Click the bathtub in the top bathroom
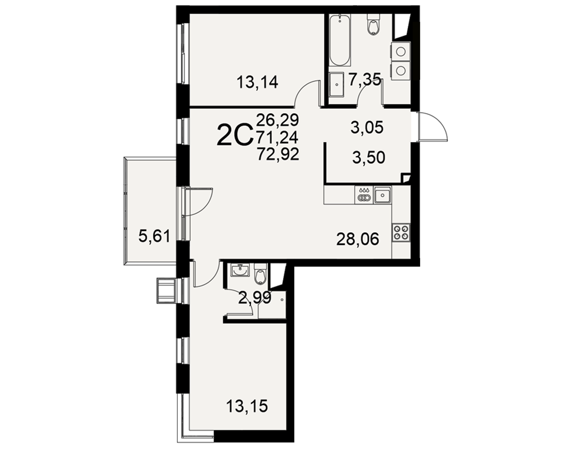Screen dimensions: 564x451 [340, 40]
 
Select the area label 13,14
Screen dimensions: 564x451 [257, 83]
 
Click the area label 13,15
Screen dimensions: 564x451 [247, 407]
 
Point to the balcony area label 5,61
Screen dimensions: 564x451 [155, 237]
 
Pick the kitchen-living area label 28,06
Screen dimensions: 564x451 [358, 239]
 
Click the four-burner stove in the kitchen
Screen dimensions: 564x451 [401, 232]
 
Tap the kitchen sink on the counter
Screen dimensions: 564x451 [383, 195]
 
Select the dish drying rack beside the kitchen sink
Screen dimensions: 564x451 [364, 194]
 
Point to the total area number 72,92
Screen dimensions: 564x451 [278, 154]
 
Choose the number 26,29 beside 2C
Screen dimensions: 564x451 [277, 120]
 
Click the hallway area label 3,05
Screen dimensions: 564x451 [367, 127]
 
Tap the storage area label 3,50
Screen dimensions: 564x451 [369, 157]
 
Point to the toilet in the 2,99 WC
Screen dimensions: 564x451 [259, 273]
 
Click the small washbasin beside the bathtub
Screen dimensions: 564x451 [337, 85]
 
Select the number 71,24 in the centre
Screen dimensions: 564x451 [277, 138]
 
